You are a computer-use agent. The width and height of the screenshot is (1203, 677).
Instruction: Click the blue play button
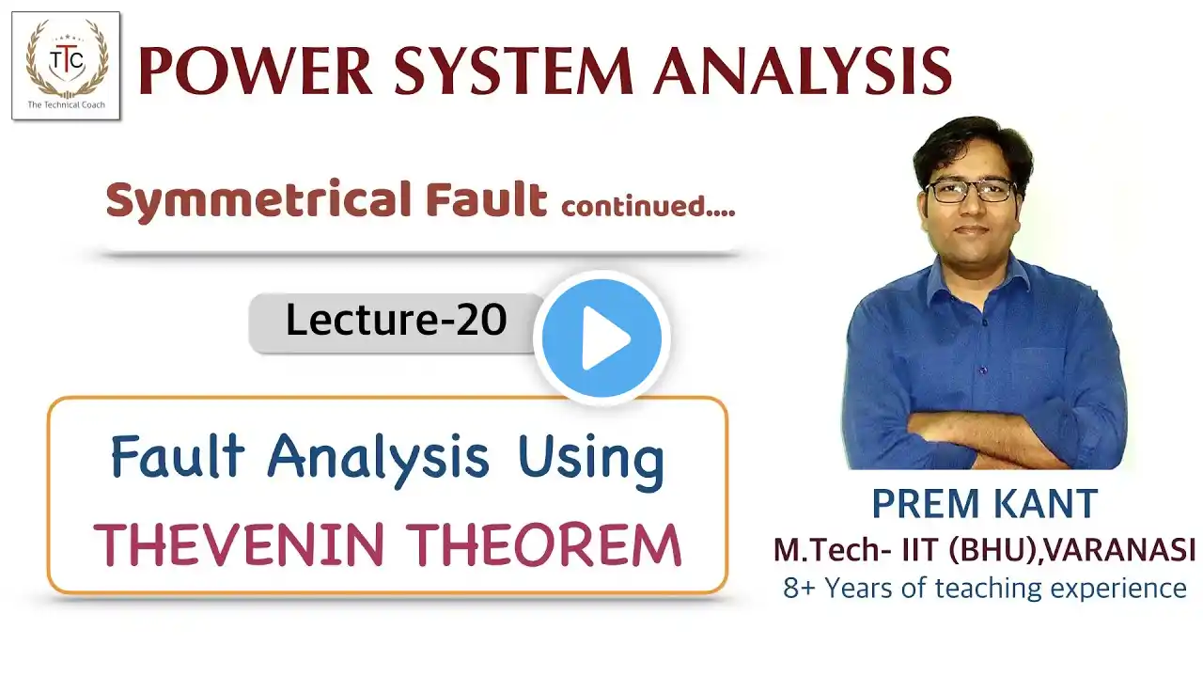click(601, 338)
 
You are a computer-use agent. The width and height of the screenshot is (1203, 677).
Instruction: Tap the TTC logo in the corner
click(66, 66)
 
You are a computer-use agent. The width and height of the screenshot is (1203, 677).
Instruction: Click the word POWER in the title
click(256, 71)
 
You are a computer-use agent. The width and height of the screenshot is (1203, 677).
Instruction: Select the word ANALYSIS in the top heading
click(803, 71)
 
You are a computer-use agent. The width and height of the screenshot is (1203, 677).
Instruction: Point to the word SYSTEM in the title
click(514, 71)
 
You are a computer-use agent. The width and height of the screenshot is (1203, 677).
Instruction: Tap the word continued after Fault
click(648, 205)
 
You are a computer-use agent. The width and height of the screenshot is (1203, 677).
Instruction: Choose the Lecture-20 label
click(397, 321)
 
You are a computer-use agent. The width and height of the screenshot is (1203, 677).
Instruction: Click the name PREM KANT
click(984, 503)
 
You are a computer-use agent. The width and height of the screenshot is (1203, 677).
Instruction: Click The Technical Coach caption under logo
click(66, 104)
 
